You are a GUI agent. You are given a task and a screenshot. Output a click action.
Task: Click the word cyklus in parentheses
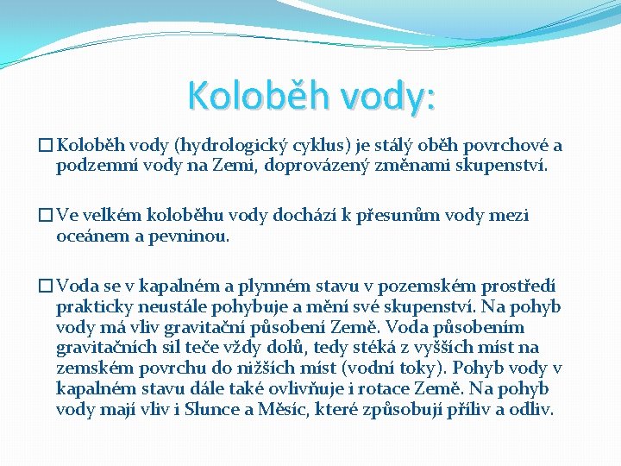298,146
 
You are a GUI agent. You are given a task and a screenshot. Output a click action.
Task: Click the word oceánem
91,235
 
